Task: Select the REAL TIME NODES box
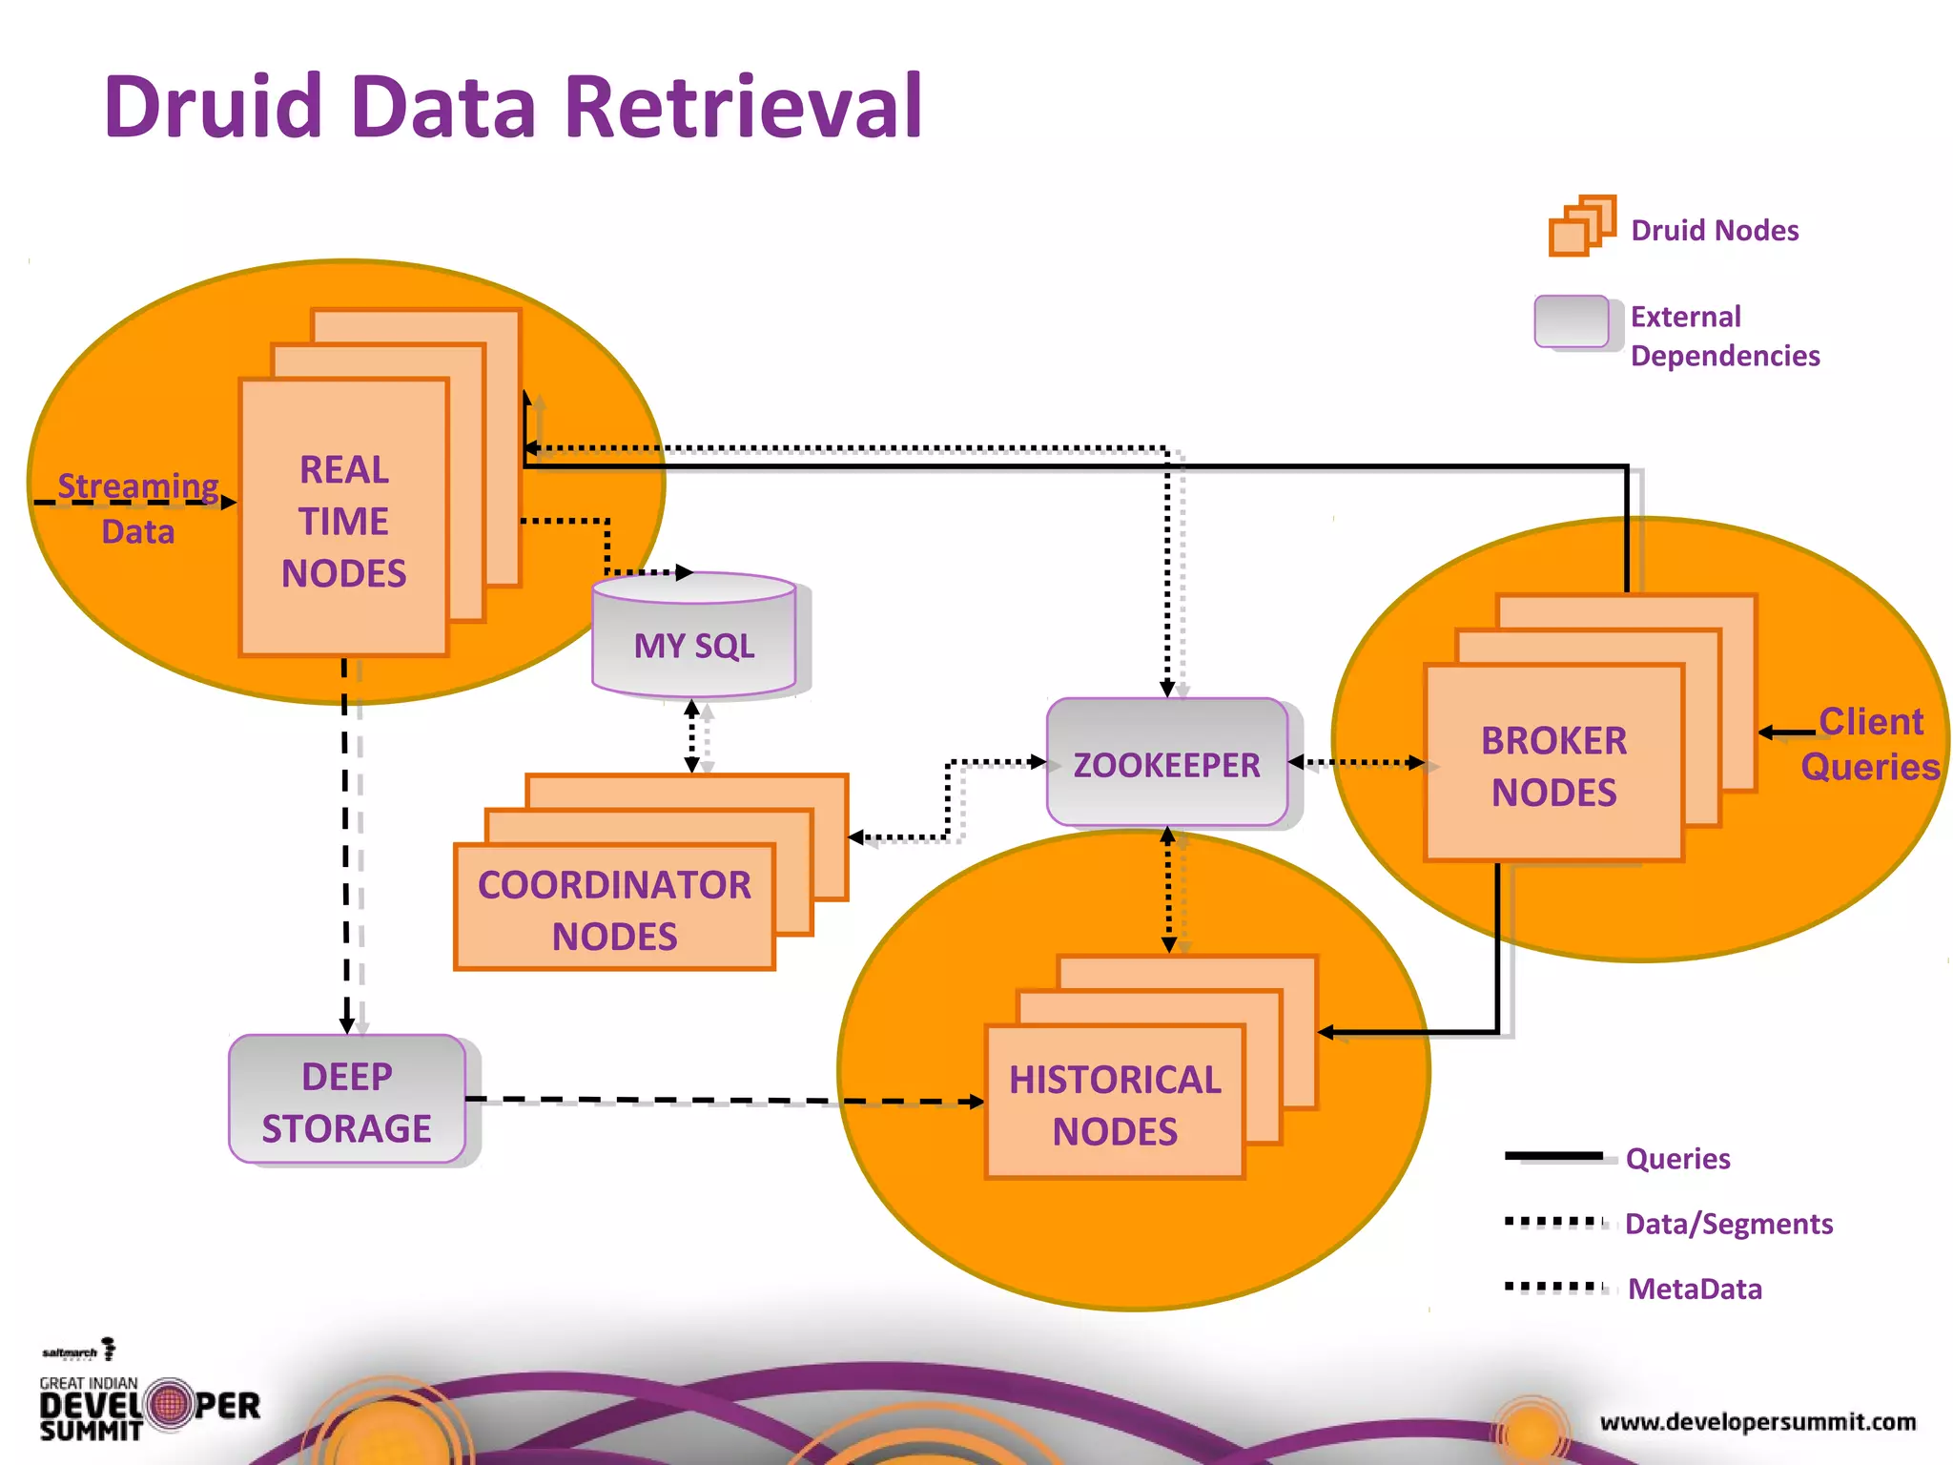coord(344,520)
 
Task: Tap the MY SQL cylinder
coord(694,646)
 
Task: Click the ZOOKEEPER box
coord(1166,764)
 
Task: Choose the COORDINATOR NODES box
coord(614,909)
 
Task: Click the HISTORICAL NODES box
coord(1115,1104)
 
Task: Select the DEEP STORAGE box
coord(346,1101)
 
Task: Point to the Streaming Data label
coord(137,507)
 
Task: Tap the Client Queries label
coord(1869,744)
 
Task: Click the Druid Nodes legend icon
coord(1581,227)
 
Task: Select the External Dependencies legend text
coord(1723,336)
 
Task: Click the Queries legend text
coord(1676,1159)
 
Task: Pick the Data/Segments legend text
coord(1728,1224)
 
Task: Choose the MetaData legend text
coord(1694,1290)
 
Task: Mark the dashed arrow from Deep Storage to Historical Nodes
coord(725,1101)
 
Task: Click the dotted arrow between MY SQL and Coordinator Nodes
coord(692,736)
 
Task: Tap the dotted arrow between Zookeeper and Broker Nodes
coord(1356,762)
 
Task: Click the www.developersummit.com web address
coord(1757,1422)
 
